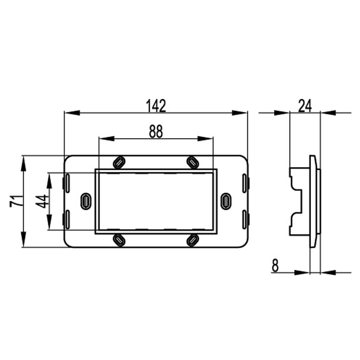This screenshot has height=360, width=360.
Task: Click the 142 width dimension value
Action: pyautogui.click(x=156, y=105)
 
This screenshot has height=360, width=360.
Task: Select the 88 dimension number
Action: pyautogui.click(x=156, y=131)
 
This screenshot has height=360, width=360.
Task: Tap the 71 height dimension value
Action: pyautogui.click(x=16, y=201)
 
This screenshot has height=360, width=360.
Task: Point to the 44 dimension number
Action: pyautogui.click(x=42, y=201)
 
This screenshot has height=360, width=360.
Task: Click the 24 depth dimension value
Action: pyautogui.click(x=305, y=105)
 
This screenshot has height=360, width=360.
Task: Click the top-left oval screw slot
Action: pyautogui.click(x=119, y=162)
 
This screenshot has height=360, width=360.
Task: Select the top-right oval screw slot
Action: pyautogui.click(x=193, y=162)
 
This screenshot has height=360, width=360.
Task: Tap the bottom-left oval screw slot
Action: pyautogui.click(x=119, y=240)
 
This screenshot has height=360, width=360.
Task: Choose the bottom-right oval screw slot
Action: pyautogui.click(x=193, y=240)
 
